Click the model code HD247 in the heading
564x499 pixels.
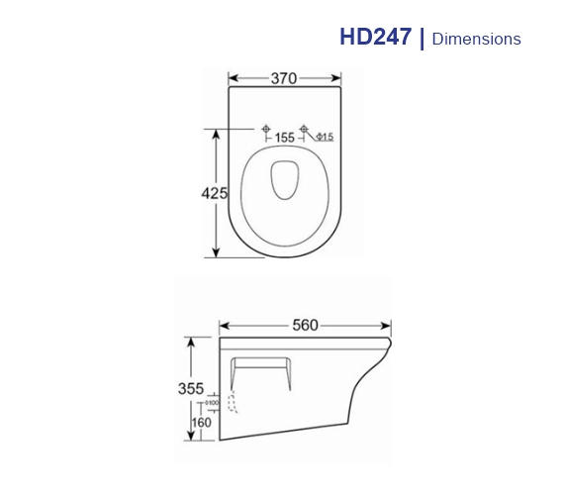tap(376, 38)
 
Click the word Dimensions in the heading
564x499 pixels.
tap(477, 39)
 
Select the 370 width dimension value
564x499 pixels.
tap(285, 79)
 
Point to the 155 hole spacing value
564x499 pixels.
tap(285, 138)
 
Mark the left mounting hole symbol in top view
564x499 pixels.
tap(266, 129)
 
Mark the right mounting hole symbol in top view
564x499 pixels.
tap(304, 129)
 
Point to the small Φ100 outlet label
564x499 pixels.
tap(212, 404)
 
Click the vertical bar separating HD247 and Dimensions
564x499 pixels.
tap(422, 38)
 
